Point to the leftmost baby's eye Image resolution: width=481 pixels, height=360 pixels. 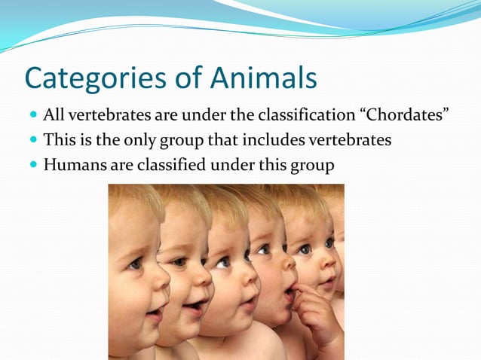(x=134, y=264)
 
